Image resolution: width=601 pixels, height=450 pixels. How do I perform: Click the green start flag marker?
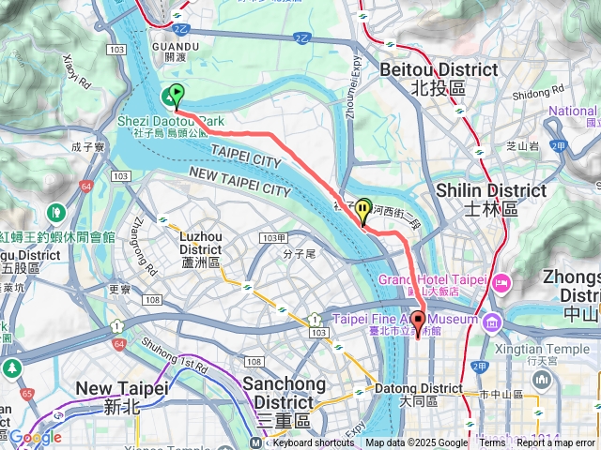[x=175, y=95]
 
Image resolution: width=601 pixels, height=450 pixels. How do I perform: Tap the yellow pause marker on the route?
[x=362, y=210]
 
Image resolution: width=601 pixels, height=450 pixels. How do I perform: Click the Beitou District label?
[x=439, y=78]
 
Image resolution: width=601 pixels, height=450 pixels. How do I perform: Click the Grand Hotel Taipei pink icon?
[x=501, y=280]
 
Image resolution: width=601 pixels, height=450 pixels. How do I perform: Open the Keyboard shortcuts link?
[x=314, y=442]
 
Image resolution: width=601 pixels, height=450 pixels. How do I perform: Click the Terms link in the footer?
[x=492, y=442]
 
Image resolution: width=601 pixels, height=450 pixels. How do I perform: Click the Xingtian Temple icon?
[x=541, y=379]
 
